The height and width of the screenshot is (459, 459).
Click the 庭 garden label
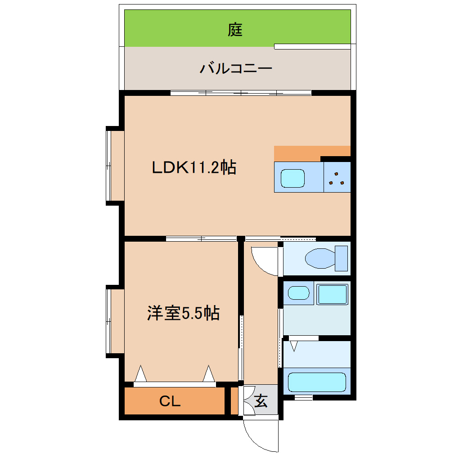click(x=235, y=30)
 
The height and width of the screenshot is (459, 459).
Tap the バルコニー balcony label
click(x=236, y=69)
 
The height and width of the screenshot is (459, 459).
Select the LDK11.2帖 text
click(x=193, y=168)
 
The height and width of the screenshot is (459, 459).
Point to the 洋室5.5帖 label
click(x=183, y=313)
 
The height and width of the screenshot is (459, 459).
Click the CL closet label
click(x=170, y=401)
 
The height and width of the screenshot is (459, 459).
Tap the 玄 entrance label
click(x=261, y=400)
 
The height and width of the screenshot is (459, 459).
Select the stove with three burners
click(x=337, y=178)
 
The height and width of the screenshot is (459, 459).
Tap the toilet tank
click(x=342, y=259)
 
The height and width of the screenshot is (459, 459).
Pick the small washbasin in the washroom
click(x=298, y=293)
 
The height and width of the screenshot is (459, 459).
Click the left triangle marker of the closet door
click(x=141, y=373)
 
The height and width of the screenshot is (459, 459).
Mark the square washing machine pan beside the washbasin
click(x=333, y=294)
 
